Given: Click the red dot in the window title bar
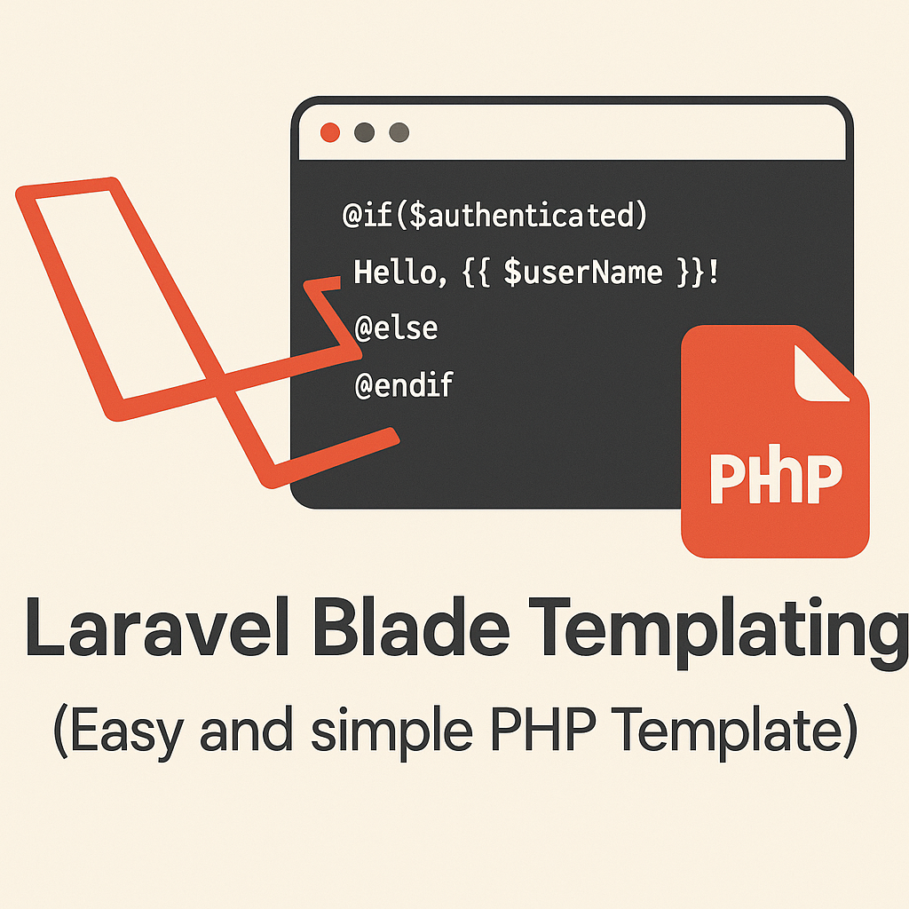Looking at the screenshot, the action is [330, 132].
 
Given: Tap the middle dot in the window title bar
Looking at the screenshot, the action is [364, 132].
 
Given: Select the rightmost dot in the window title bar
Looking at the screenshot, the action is [399, 132].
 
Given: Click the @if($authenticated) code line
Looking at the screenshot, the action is [494, 216].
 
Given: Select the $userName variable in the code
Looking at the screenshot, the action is [582, 272].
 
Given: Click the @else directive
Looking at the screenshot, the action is [396, 328].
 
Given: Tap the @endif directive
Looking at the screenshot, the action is [404, 384].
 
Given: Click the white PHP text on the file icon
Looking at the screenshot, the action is [776, 477].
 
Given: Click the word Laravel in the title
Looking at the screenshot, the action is [156, 628].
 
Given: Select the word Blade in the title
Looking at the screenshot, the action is [415, 628].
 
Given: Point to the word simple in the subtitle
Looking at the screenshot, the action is [391, 732].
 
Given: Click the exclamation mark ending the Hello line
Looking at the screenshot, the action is [713, 272].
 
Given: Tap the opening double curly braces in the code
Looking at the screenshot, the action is [477, 272].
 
